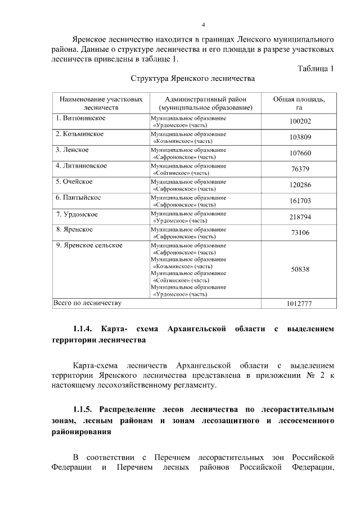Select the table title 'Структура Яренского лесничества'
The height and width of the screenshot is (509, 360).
click(193, 79)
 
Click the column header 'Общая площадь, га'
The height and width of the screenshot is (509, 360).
click(299, 102)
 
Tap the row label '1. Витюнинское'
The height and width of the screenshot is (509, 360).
click(80, 118)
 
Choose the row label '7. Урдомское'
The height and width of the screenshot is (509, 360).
click(77, 214)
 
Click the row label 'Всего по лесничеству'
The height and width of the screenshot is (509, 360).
click(87, 303)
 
